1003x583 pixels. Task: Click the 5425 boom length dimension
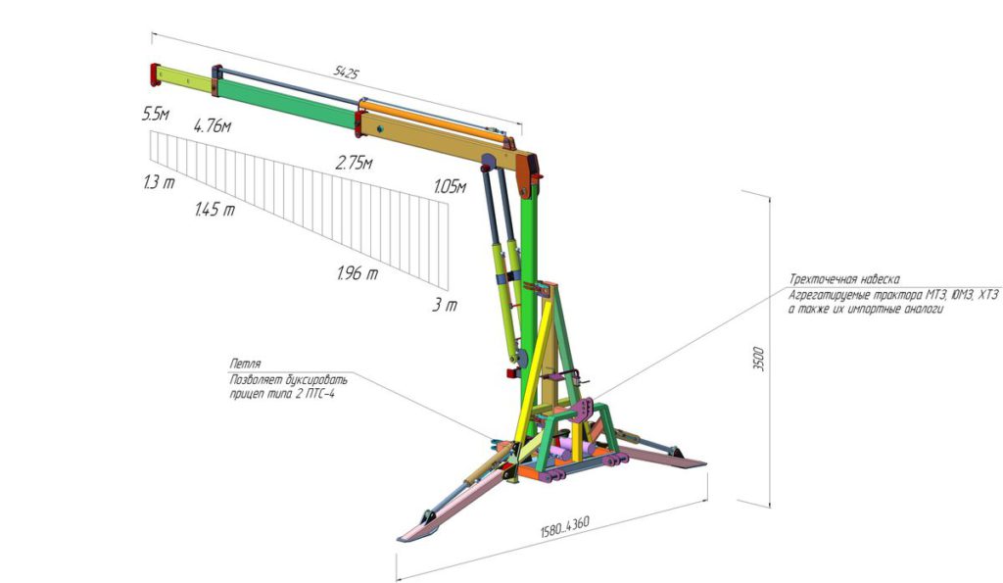346,73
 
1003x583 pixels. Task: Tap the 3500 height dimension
758,359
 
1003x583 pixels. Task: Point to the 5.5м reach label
156,115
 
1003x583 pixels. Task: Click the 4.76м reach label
213,125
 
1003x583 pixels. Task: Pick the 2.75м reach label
354,163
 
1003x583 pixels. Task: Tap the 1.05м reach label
451,187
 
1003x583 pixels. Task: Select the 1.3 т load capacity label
160,182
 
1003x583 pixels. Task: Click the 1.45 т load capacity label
215,209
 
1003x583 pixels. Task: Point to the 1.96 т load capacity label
358,273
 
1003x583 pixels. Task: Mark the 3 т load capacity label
445,305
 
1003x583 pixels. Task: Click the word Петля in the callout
245,364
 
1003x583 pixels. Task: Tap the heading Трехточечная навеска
844,279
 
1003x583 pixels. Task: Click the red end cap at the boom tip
154,74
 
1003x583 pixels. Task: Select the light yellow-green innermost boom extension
185,78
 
